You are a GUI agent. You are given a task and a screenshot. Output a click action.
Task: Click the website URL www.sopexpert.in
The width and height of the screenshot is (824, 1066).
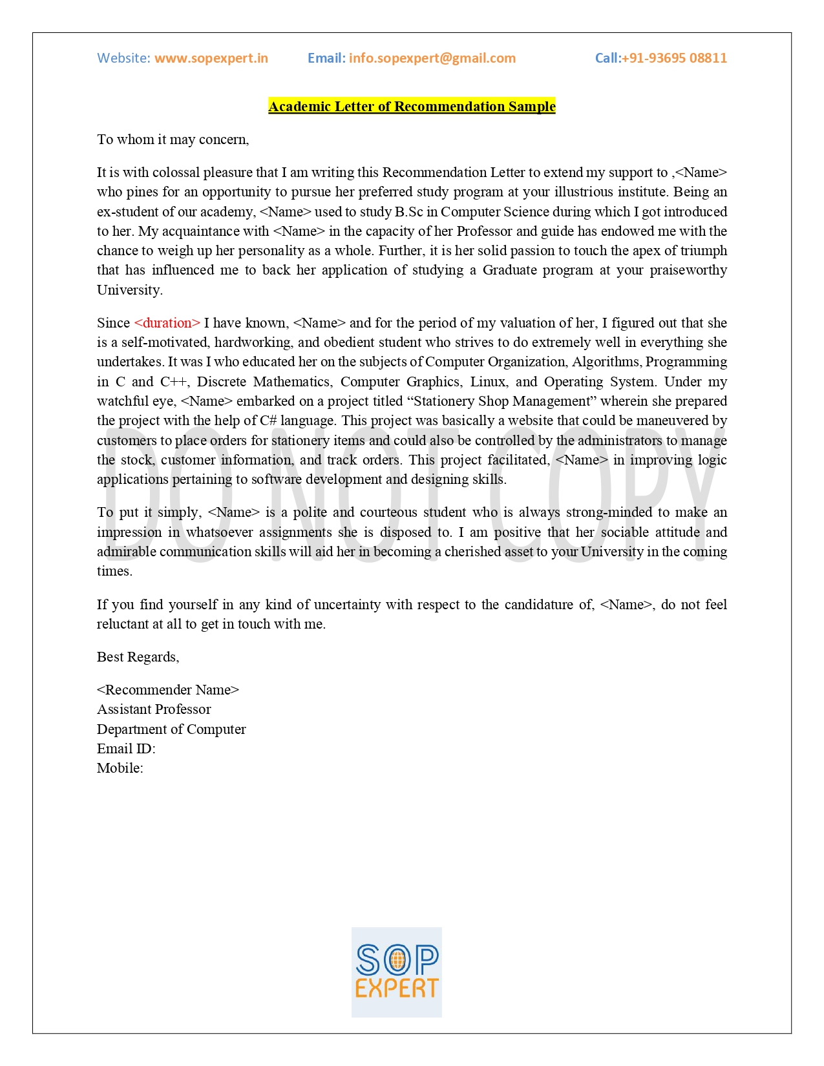pyautogui.click(x=211, y=58)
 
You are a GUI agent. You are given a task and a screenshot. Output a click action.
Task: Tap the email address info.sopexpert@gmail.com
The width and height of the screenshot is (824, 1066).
pyautogui.click(x=432, y=58)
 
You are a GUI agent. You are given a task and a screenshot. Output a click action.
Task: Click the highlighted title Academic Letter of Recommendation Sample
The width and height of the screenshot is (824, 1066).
pyautogui.click(x=412, y=107)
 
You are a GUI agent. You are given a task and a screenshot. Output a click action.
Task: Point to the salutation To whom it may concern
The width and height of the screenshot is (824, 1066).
pyautogui.click(x=173, y=140)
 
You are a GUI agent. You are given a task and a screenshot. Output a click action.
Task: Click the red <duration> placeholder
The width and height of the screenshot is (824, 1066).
pyautogui.click(x=167, y=323)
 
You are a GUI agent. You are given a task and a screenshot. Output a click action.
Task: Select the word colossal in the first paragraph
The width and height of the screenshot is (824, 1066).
pyautogui.click(x=176, y=172)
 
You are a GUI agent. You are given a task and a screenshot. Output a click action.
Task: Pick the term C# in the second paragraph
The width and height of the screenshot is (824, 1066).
pyautogui.click(x=268, y=421)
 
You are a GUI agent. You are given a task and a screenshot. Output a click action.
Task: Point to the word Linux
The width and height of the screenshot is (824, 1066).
pyautogui.click(x=488, y=382)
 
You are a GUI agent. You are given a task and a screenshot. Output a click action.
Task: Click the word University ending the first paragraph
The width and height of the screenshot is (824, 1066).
pyautogui.click(x=129, y=290)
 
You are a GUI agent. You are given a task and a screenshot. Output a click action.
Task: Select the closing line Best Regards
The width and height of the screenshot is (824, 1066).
pyautogui.click(x=138, y=657)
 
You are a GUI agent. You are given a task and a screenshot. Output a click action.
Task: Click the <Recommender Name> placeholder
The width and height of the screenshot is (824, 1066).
pyautogui.click(x=168, y=690)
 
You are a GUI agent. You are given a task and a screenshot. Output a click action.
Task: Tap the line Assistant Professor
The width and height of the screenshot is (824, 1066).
pyautogui.click(x=154, y=709)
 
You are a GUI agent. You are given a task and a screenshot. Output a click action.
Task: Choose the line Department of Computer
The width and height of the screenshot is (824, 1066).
pyautogui.click(x=171, y=729)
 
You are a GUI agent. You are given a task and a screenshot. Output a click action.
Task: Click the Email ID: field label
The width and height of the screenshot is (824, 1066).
pyautogui.click(x=126, y=749)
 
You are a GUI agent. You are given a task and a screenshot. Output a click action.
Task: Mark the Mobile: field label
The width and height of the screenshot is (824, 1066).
pyautogui.click(x=120, y=768)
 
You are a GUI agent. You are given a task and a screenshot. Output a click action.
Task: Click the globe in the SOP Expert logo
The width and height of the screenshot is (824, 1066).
pyautogui.click(x=397, y=961)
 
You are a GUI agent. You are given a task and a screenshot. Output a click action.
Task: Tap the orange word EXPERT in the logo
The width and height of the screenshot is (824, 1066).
pyautogui.click(x=397, y=988)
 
